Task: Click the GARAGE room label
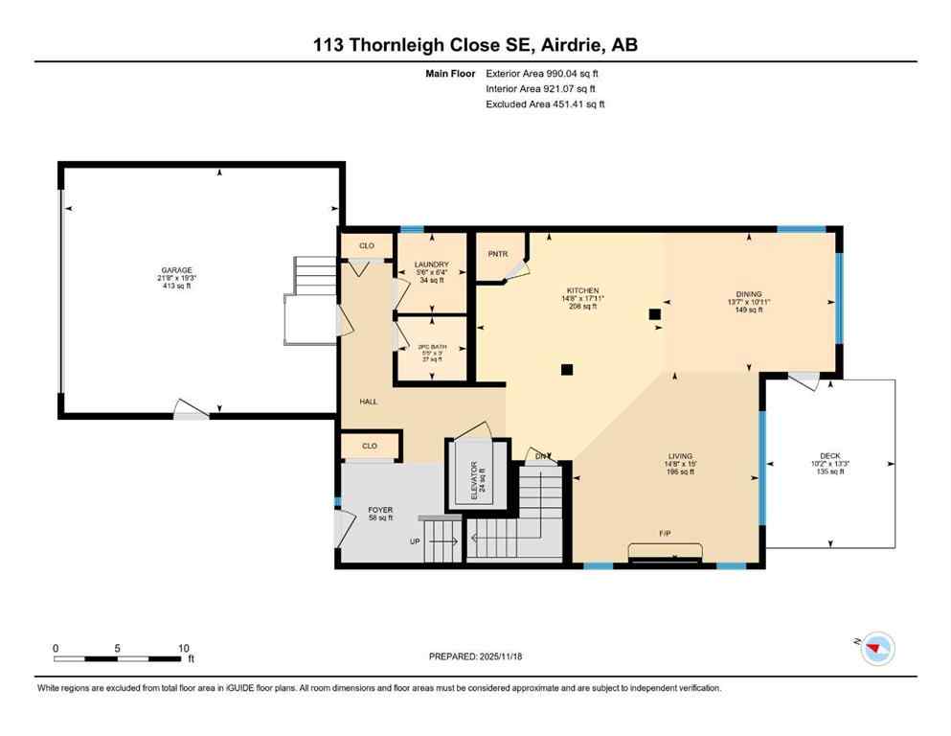click(177, 270)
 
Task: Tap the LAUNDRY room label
click(432, 264)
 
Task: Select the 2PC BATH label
click(432, 346)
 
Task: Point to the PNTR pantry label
click(497, 254)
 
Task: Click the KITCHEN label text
click(582, 290)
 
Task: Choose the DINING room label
click(748, 294)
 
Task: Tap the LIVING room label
click(681, 456)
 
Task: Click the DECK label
click(829, 456)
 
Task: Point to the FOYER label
click(380, 510)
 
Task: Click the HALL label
click(368, 402)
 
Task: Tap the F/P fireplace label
click(664, 533)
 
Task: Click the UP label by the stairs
click(415, 541)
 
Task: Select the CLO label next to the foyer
click(370, 446)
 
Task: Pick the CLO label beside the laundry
click(367, 246)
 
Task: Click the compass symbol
click(875, 650)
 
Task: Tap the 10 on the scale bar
click(183, 648)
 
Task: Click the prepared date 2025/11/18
click(506, 656)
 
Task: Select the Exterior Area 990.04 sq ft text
click(546, 73)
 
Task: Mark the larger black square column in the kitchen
click(656, 313)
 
